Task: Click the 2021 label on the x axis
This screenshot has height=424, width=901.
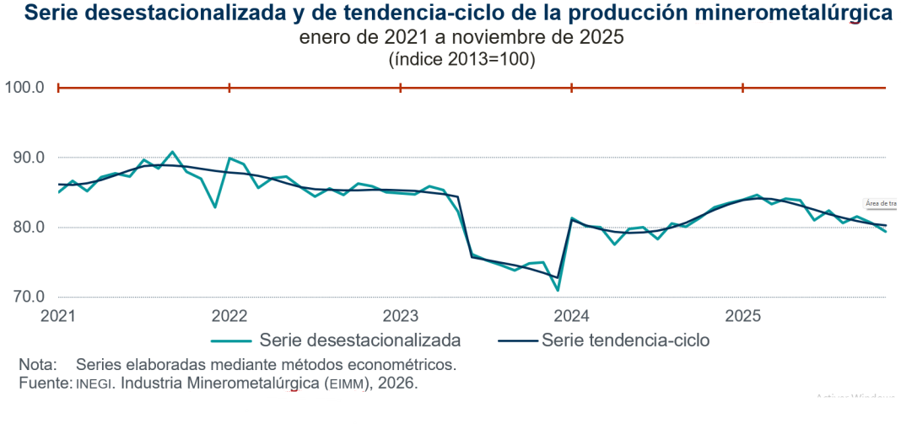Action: coord(57,316)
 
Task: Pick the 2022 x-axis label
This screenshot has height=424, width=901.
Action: coord(229,316)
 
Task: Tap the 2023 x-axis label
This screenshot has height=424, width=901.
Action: coord(401,316)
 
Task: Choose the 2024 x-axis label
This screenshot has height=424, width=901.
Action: coord(572,316)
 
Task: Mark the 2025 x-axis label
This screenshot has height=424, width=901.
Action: coord(743,316)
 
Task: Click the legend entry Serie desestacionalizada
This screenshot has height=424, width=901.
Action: coord(360,341)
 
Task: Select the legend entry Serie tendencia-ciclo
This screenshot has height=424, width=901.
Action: coord(625,341)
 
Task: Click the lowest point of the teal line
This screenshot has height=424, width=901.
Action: coord(558,291)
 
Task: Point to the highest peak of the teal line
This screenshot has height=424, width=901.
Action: coord(172,152)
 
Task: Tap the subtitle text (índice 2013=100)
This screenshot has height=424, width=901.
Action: coord(461,60)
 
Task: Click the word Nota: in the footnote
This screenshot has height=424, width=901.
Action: coord(38,365)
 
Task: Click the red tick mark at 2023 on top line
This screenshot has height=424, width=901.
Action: coord(401,88)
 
